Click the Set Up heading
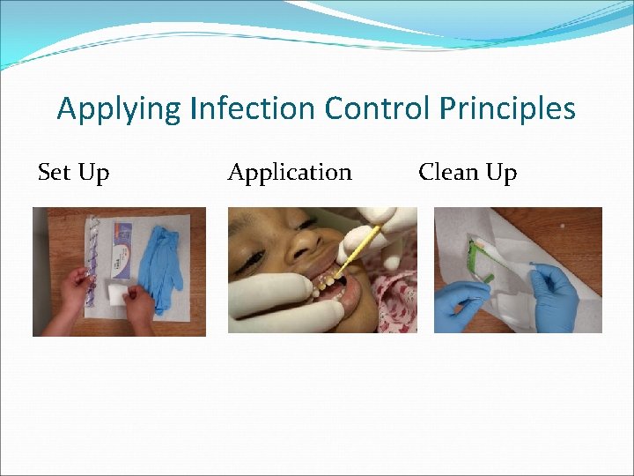(74, 173)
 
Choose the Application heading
(290, 173)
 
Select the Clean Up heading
(468, 173)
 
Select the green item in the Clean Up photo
(480, 264)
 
